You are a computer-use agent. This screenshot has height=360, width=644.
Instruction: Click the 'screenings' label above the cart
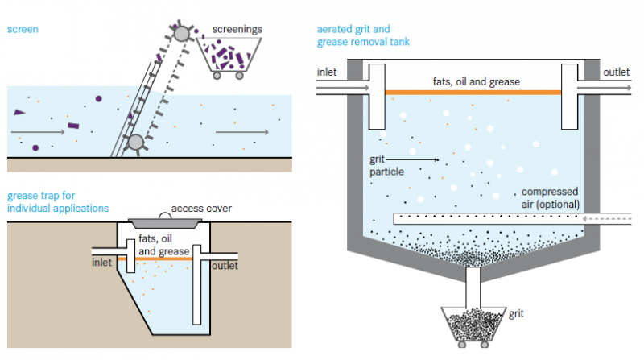click(x=237, y=29)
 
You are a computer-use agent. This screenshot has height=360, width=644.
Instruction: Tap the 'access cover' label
click(x=201, y=209)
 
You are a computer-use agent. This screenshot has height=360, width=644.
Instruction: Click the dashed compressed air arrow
click(x=612, y=218)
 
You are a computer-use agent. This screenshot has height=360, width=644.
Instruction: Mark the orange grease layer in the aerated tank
click(x=473, y=93)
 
